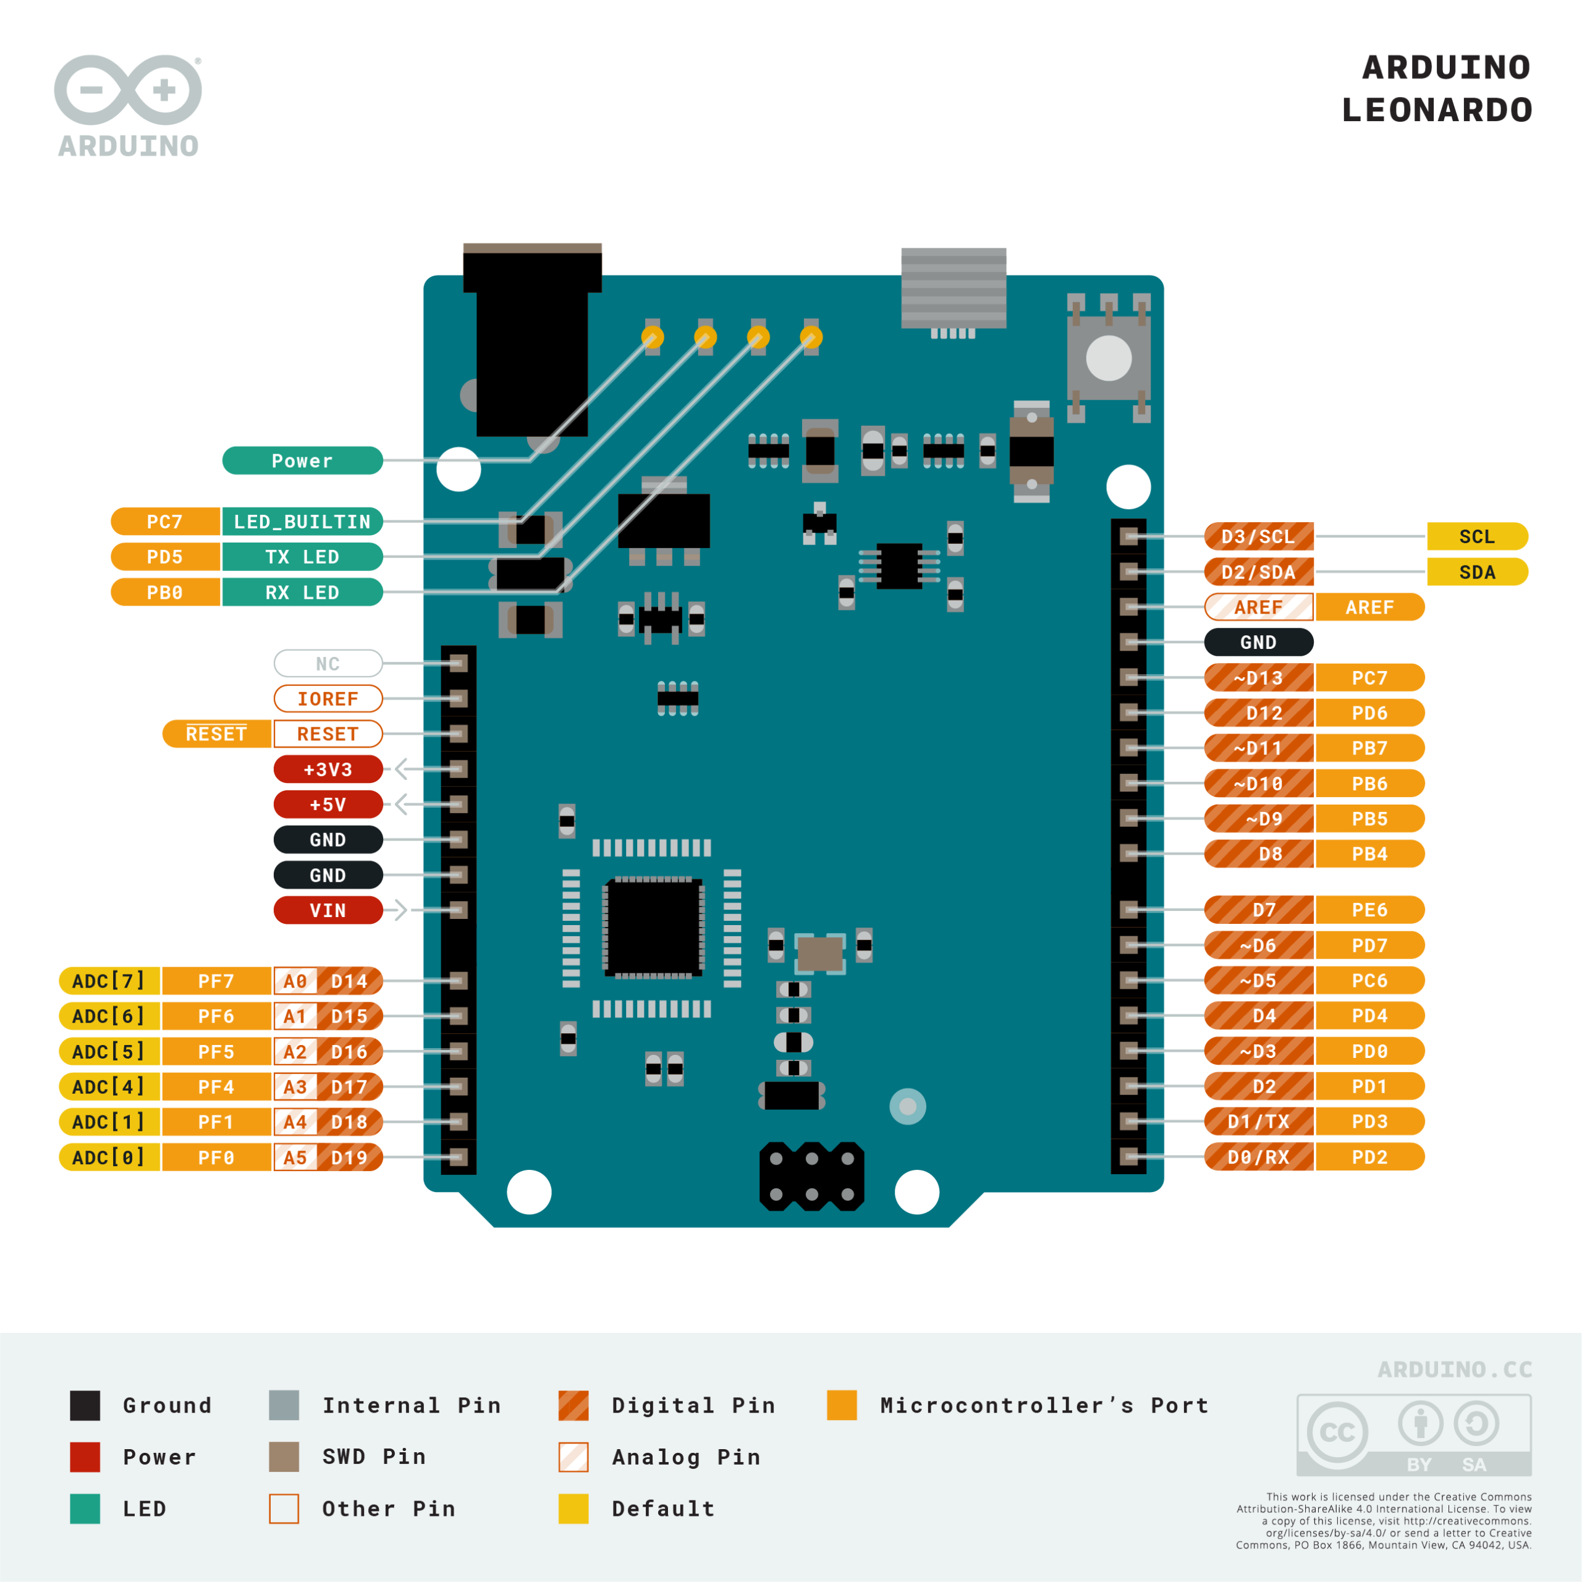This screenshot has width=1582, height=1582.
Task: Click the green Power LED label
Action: click(x=302, y=461)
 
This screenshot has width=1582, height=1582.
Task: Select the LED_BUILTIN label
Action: click(x=302, y=522)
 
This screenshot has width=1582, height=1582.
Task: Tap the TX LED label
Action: click(x=302, y=557)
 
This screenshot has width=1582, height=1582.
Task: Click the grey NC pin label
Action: click(x=328, y=663)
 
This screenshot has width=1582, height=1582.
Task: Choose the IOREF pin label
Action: click(x=328, y=698)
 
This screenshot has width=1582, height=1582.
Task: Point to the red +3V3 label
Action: click(x=328, y=769)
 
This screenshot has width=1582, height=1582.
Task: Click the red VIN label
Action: click(x=328, y=910)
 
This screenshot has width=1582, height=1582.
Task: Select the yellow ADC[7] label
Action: click(x=109, y=980)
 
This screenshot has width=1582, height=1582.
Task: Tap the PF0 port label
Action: click(x=216, y=1157)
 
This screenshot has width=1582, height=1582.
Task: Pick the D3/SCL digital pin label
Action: click(x=1259, y=536)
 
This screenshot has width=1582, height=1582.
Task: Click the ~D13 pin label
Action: click(x=1259, y=677)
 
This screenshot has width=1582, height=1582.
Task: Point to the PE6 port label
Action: click(x=1369, y=910)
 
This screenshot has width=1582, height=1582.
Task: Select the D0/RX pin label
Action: click(x=1259, y=1157)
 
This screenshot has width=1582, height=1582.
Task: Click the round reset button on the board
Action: click(x=1109, y=358)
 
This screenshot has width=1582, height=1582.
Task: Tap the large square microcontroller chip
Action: click(x=653, y=928)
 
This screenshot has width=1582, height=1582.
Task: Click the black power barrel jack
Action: click(x=532, y=352)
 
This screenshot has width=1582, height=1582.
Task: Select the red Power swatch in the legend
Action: click(x=85, y=1457)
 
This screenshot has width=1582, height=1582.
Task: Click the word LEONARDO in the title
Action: click(x=1436, y=110)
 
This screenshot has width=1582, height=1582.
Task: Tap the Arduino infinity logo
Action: click(x=128, y=90)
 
